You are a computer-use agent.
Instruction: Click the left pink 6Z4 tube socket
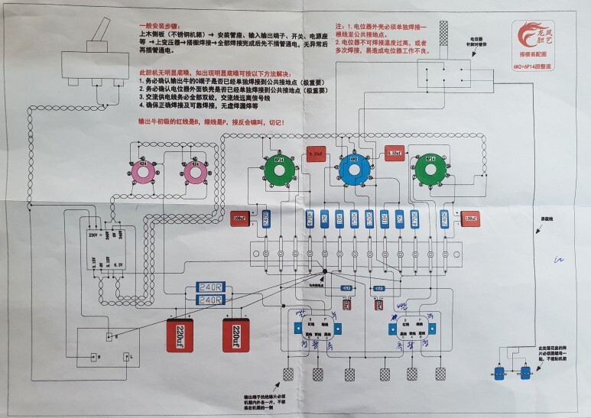143,173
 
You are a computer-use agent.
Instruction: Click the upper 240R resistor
209,287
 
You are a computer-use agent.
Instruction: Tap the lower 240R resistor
209,300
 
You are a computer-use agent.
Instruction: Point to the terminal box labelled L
126,355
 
